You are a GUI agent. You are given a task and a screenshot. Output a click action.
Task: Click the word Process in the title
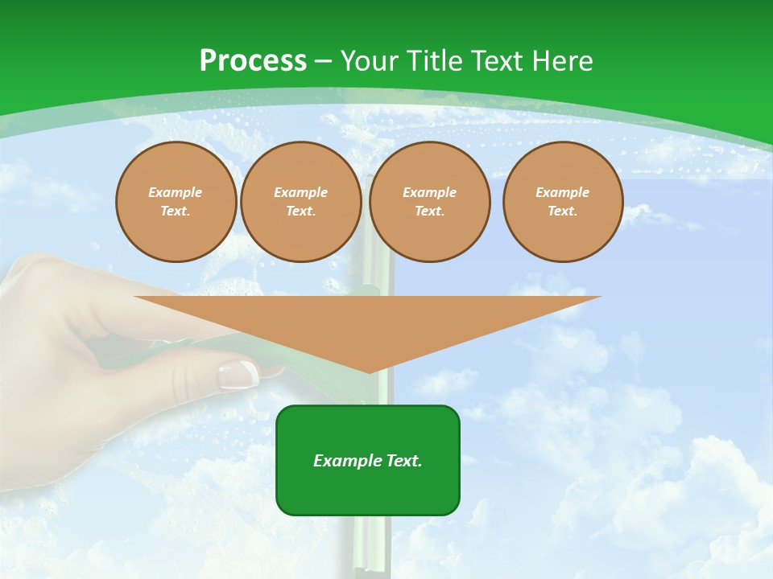pos(253,61)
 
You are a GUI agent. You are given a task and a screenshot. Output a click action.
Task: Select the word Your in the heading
pos(370,61)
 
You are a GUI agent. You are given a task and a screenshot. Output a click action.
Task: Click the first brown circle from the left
pos(176,202)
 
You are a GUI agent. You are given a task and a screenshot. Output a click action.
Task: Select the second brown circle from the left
pos(301,202)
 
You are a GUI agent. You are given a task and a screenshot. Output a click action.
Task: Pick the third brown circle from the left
pos(430,202)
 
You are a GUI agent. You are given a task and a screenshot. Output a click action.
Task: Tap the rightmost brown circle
pos(563,202)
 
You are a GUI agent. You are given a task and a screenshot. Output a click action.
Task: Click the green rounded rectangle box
pos(368,491)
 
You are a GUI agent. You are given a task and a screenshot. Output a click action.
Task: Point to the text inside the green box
pos(368,461)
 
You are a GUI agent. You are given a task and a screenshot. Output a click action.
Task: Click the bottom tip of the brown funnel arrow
pos(369,371)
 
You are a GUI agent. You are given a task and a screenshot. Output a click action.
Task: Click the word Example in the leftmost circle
pos(176,192)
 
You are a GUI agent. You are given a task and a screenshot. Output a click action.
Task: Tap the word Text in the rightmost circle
pos(562,211)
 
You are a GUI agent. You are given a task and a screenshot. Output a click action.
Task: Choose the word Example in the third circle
pos(429,192)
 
